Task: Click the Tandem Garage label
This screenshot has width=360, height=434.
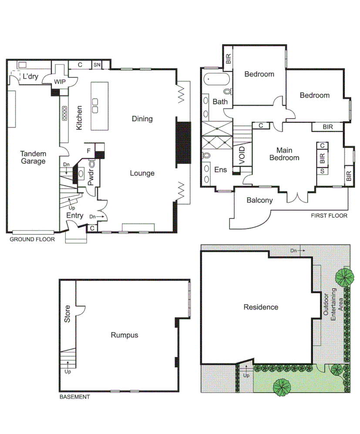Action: click(x=33, y=157)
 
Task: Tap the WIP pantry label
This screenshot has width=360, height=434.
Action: click(x=60, y=81)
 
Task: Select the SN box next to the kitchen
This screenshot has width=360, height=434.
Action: click(x=97, y=65)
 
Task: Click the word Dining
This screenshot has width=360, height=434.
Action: click(x=142, y=119)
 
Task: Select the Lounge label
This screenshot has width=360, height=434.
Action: click(x=142, y=173)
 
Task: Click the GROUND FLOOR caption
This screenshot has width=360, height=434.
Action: click(x=32, y=239)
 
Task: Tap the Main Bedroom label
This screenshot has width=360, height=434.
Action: click(x=284, y=154)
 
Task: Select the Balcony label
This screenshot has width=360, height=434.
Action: click(x=259, y=200)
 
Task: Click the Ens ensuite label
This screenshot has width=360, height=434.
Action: click(x=221, y=170)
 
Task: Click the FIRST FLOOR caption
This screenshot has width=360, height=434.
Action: click(x=329, y=215)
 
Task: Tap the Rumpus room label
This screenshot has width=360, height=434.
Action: click(x=124, y=335)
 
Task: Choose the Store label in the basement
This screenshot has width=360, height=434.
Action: click(x=67, y=315)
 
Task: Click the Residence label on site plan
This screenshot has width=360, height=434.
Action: click(x=261, y=307)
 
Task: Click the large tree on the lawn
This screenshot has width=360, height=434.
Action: click(x=282, y=386)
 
